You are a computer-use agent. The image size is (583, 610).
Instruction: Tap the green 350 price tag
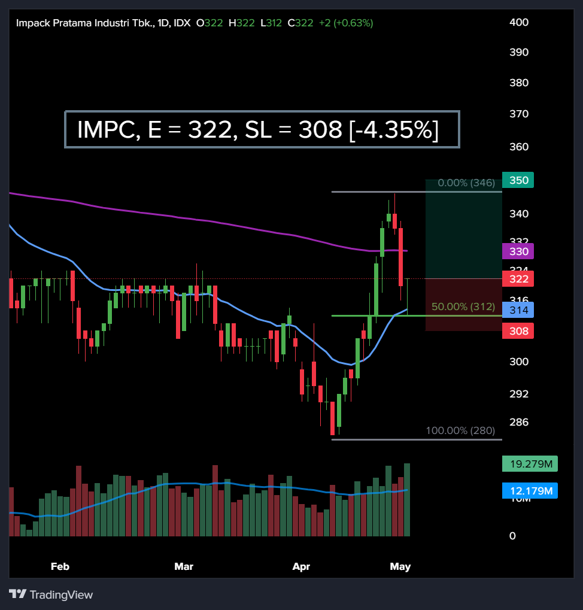[518, 180]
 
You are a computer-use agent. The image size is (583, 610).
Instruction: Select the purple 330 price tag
[518, 251]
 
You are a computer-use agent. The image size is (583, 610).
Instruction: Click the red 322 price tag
[518, 279]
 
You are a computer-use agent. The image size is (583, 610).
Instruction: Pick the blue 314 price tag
[518, 310]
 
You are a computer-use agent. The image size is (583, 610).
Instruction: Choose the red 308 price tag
[518, 330]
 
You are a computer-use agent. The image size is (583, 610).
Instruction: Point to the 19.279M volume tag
[530, 463]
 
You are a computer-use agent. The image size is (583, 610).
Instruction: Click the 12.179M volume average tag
[530, 491]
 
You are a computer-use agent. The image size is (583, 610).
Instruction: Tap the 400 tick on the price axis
[518, 22]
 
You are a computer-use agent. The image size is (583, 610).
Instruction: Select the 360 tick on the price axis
[518, 147]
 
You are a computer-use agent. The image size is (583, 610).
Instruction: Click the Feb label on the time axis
[60, 566]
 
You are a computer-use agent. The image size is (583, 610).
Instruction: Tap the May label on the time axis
[400, 566]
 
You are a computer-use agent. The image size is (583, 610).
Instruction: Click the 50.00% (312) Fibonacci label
[463, 306]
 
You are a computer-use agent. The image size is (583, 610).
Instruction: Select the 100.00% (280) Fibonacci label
[460, 430]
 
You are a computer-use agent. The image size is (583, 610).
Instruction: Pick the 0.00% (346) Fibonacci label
[466, 183]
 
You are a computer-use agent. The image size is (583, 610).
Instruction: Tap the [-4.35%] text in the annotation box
[394, 130]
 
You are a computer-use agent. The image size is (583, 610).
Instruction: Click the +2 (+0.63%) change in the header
[345, 23]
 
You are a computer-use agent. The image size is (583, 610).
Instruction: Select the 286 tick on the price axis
[518, 422]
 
